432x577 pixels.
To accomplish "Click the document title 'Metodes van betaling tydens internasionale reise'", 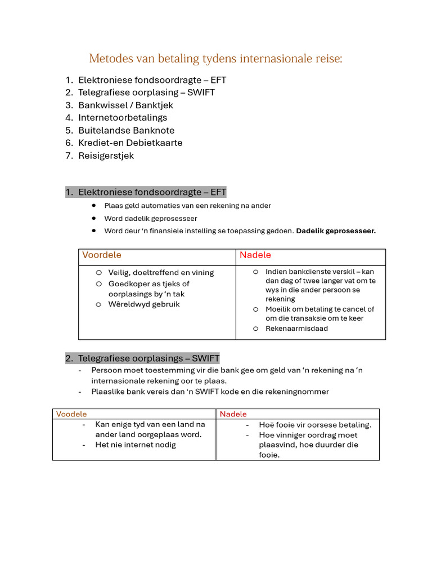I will coord(215,59).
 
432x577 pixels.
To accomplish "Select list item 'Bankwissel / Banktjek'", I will coord(125,105).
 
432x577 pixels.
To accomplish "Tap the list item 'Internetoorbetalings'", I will coord(123,118).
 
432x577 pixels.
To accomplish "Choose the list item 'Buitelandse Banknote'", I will coord(126,130).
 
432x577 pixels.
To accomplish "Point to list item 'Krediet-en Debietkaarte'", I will coord(130,143).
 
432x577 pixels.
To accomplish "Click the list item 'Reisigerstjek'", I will coord(106,156).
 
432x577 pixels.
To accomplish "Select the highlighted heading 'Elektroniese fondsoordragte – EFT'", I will coord(152,192).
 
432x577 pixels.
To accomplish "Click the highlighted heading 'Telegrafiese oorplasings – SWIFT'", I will coord(148,358).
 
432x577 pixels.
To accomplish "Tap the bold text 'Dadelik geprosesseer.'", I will coord(336,231).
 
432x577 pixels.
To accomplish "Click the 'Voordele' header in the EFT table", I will coord(102,255).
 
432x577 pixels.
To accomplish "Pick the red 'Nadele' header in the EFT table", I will coord(255,255).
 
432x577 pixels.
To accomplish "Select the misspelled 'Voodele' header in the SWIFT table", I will coord(71,414).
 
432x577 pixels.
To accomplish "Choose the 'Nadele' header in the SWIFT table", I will coord(233,414).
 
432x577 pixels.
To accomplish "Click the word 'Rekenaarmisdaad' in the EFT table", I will coord(296,329).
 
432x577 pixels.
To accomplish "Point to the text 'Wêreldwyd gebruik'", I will coord(144,304).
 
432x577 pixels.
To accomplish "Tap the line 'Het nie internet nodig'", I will coord(136,445).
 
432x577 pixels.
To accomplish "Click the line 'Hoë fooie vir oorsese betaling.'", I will coord(315,425).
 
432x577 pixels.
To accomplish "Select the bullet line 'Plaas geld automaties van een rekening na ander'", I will coord(187,206).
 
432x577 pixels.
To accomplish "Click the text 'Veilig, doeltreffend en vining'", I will coord(161,273).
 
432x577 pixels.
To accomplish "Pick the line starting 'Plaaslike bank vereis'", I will coord(210,392).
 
